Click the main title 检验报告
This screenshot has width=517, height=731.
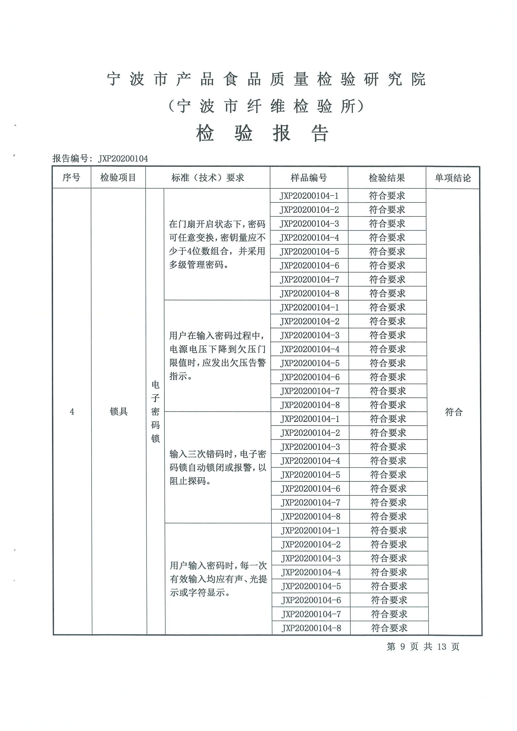pyautogui.click(x=262, y=133)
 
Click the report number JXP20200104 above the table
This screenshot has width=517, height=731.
pyautogui.click(x=123, y=159)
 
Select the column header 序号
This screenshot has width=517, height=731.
pyautogui.click(x=71, y=177)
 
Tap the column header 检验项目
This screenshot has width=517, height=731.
pyautogui.click(x=118, y=177)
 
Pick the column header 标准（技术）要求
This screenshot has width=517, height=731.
pyautogui.click(x=208, y=177)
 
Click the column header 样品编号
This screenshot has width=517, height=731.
pyautogui.click(x=309, y=178)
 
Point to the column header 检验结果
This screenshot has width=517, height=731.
pyautogui.click(x=387, y=178)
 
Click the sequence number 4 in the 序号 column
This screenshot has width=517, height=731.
pyautogui.click(x=72, y=412)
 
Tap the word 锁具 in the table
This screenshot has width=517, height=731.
pyautogui.click(x=118, y=411)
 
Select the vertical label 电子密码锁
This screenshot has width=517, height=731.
pyautogui.click(x=155, y=411)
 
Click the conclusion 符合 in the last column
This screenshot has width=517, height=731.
pyautogui.click(x=454, y=412)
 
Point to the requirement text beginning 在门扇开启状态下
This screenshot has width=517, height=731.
pyautogui.click(x=217, y=244)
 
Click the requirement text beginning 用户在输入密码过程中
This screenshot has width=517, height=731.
pyautogui.click(x=217, y=356)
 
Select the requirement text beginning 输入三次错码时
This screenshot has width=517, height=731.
pyautogui.click(x=218, y=467)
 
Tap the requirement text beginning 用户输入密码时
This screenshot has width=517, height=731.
pyautogui.click(x=218, y=579)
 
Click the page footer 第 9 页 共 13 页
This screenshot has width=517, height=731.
pyautogui.click(x=423, y=646)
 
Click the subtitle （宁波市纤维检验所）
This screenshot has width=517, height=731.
pyautogui.click(x=266, y=106)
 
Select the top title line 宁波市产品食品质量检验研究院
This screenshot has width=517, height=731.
pyautogui.click(x=266, y=79)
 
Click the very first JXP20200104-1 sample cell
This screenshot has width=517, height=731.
pyautogui.click(x=309, y=196)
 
